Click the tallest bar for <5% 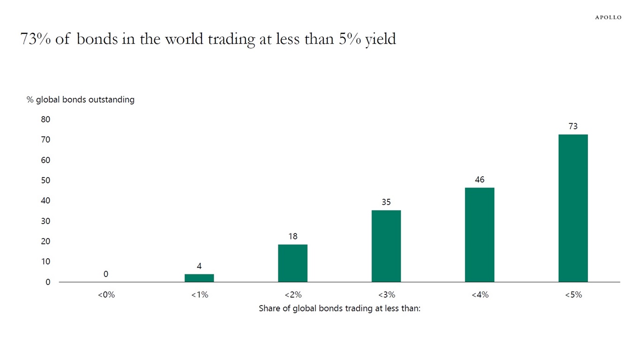point(573,208)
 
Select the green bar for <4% point(479,235)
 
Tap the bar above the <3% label point(386,246)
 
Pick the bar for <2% point(293,263)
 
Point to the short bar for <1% point(199,278)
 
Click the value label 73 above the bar point(573,127)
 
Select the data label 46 point(479,180)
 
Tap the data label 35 point(386,202)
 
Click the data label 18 point(293,236)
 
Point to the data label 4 point(199,266)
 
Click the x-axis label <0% point(106,295)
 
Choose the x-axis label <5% point(573,295)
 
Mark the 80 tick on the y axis point(45,120)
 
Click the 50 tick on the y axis point(45,180)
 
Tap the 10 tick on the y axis point(45,262)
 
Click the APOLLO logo point(608,17)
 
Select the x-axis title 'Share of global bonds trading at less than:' point(340,309)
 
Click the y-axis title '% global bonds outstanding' point(81,99)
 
